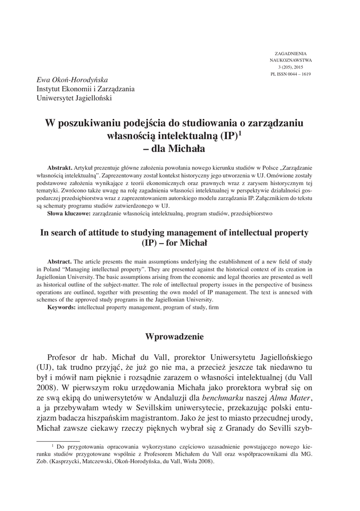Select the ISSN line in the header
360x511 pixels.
point(291,74)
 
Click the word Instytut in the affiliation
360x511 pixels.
point(52,89)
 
